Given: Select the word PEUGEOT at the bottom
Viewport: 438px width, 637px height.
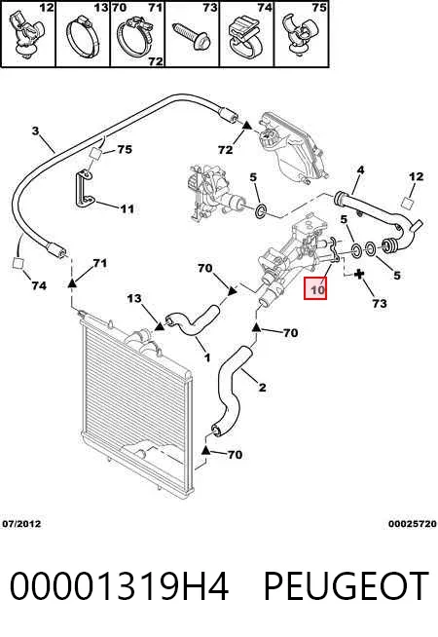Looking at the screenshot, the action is tap(347, 585).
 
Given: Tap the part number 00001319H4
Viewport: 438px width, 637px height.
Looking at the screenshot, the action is tap(119, 585).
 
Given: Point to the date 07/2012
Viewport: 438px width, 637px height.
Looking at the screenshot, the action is tap(21, 524).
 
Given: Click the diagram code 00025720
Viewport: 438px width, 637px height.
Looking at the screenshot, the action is tap(412, 524).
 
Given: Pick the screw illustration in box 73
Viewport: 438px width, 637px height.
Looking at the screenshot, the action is tap(192, 36).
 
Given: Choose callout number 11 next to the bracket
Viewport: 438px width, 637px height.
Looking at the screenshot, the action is tap(128, 208).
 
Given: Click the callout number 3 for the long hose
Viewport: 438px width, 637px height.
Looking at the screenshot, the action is tap(36, 131).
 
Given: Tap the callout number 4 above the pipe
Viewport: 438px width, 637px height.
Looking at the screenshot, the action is tap(360, 169).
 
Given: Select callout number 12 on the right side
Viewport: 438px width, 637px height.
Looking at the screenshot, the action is tap(416, 176).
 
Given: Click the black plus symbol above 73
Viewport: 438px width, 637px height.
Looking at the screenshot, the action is tap(358, 275).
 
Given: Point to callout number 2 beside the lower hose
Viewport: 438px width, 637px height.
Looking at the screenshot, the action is tap(262, 387).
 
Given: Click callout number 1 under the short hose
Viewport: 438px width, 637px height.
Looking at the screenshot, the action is tap(207, 357).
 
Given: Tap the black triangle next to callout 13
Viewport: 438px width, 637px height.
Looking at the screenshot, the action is tap(159, 325).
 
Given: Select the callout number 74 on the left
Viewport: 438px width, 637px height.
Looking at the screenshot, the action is tap(39, 285).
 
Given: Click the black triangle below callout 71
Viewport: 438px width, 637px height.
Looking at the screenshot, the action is tap(71, 282).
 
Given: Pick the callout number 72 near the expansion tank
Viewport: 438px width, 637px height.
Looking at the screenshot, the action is tap(225, 150).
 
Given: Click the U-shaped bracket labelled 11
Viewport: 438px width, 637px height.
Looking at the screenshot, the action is tap(84, 189).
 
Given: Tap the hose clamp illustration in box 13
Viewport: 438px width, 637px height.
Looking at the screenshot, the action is tap(83, 37).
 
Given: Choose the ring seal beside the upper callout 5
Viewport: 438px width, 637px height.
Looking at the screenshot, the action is tap(261, 210).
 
